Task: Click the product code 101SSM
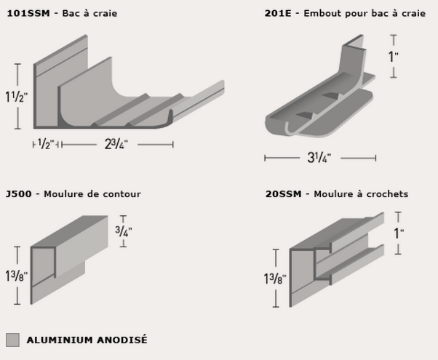tap(28, 13)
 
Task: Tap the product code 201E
tap(278, 13)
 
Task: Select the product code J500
tap(19, 194)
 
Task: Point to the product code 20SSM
tap(284, 194)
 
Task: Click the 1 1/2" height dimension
tap(17, 97)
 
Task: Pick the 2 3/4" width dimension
tap(116, 145)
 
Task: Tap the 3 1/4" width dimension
tap(319, 158)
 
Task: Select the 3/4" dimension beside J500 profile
tap(124, 231)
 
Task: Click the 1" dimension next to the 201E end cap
tap(394, 57)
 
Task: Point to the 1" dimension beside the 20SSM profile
tap(399, 233)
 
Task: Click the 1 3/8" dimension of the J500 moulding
tap(17, 276)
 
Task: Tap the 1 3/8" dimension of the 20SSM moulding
tap(275, 279)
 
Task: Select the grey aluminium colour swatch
tap(12, 340)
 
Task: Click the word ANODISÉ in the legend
tap(122, 340)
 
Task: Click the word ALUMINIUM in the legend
tap(60, 340)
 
